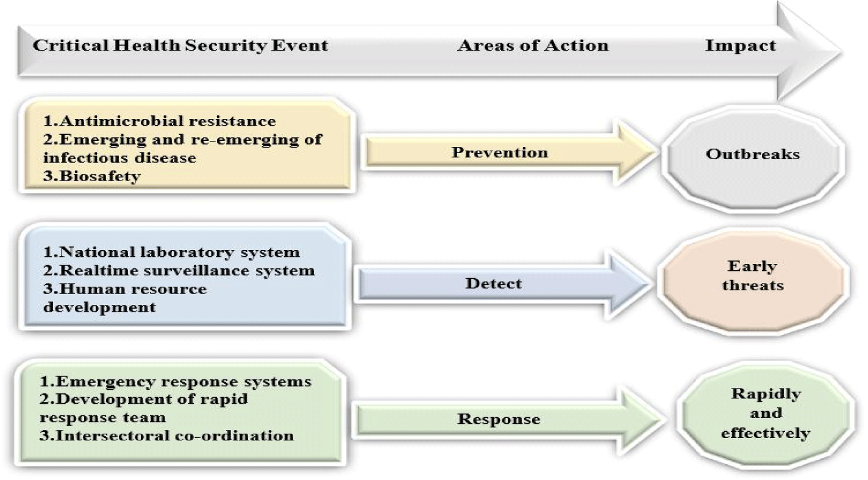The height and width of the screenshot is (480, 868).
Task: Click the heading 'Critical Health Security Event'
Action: point(180,45)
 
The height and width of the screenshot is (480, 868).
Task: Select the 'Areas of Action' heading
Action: point(533,45)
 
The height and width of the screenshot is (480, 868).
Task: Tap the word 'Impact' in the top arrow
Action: point(741,46)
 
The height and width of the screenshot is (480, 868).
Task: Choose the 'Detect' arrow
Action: point(503,284)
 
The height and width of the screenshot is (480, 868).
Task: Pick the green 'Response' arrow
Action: point(508,419)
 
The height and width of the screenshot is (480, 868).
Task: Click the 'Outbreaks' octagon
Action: point(753,159)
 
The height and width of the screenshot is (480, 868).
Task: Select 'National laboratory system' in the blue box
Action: point(180,253)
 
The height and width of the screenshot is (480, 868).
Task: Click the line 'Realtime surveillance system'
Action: point(187,271)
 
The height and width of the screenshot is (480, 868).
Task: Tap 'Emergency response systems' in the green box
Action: point(183,382)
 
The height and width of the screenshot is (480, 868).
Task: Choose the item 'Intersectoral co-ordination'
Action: point(175,435)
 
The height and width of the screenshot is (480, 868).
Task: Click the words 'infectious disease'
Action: point(119,158)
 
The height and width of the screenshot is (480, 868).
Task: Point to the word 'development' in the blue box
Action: point(99,307)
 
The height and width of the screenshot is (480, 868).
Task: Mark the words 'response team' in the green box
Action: point(102,418)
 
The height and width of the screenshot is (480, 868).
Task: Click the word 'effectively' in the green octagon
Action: point(766,432)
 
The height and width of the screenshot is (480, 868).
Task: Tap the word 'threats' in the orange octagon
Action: point(753,286)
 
